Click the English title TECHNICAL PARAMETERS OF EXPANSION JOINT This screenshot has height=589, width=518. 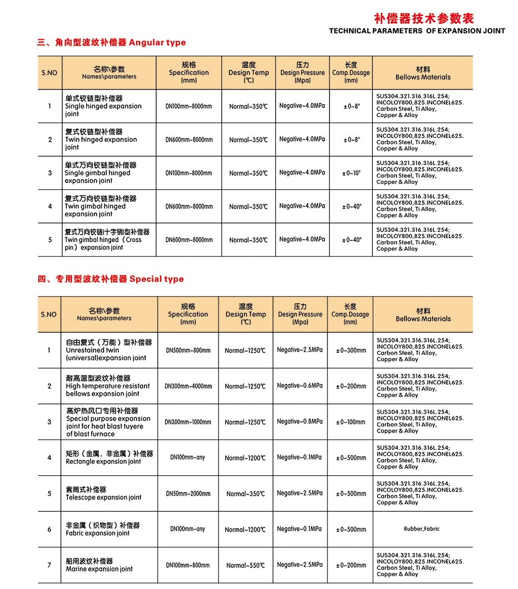click(x=417, y=31)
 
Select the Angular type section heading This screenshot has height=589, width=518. click(x=111, y=43)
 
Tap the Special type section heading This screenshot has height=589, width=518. click(x=110, y=279)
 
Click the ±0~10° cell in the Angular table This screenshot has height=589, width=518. click(x=351, y=173)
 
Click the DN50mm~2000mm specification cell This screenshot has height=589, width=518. click(x=188, y=494)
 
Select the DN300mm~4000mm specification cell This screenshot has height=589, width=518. click(x=188, y=386)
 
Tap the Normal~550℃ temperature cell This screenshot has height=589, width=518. click(x=246, y=565)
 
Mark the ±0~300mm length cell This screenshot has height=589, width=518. click(x=351, y=351)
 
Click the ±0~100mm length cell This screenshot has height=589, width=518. click(x=351, y=422)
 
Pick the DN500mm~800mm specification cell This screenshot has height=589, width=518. click(x=188, y=351)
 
